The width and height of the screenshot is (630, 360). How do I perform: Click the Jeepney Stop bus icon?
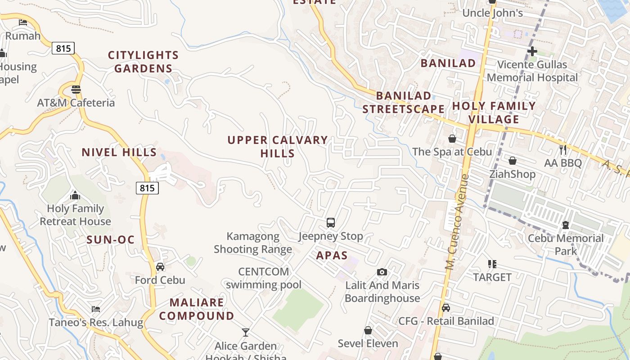[x=331, y=222]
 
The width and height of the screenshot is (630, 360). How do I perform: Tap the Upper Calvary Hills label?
[x=278, y=146]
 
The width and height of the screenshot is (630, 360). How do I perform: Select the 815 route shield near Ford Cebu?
[x=147, y=188]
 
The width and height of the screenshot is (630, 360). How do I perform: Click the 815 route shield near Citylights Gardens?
[x=63, y=48]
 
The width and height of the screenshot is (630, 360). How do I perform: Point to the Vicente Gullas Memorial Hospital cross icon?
[x=532, y=51]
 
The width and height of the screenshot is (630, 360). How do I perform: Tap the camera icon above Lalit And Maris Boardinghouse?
[x=382, y=272]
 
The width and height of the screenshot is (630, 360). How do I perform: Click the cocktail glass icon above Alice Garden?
[x=246, y=333]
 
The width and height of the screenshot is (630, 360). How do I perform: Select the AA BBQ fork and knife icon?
[x=562, y=149]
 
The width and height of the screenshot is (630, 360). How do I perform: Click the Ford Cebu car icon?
[x=160, y=267]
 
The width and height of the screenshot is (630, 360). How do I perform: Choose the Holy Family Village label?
[x=494, y=112]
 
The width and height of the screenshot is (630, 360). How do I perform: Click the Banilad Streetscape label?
[x=404, y=102]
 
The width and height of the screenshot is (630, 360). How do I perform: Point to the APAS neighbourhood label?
[x=332, y=256]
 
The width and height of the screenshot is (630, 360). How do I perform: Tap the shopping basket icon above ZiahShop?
[x=512, y=161]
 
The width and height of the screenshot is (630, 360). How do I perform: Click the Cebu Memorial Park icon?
[x=566, y=225]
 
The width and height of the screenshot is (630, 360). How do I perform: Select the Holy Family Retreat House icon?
[x=75, y=195]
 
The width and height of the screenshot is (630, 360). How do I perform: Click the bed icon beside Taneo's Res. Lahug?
[x=95, y=309]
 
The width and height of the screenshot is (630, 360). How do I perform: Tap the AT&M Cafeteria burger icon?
[x=76, y=89]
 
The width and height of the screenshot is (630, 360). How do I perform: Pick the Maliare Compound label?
[x=197, y=309]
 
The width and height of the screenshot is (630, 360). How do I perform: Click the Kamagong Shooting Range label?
[x=253, y=243]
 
